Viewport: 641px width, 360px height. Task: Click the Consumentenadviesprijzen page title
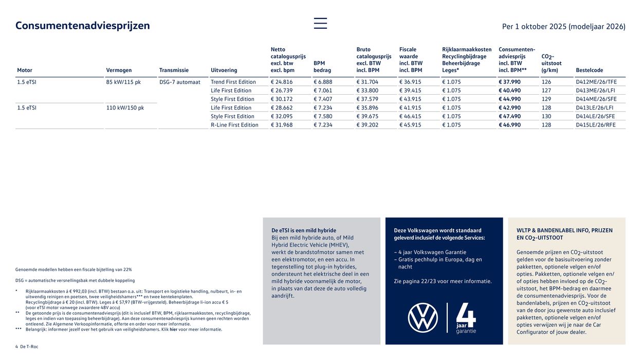(x=83, y=26)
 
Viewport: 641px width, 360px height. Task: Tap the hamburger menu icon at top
(x=320, y=23)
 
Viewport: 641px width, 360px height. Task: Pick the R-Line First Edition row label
(x=234, y=125)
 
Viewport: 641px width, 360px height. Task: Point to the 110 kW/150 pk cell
(x=125, y=108)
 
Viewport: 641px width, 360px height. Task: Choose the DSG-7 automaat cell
(x=180, y=82)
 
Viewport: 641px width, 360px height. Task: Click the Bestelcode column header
(x=589, y=70)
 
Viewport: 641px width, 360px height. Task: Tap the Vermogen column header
(x=119, y=70)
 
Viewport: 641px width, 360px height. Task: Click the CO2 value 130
(x=546, y=116)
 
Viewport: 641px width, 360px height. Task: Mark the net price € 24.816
(x=282, y=82)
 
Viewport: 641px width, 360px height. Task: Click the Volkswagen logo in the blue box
(x=423, y=317)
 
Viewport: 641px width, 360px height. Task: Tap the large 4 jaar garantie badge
(x=466, y=318)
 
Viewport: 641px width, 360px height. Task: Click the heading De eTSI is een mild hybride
(x=304, y=230)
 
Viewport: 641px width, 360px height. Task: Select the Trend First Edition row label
(x=233, y=82)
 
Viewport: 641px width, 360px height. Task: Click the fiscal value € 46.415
(x=411, y=116)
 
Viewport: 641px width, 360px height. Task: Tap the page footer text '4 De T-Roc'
(x=27, y=347)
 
